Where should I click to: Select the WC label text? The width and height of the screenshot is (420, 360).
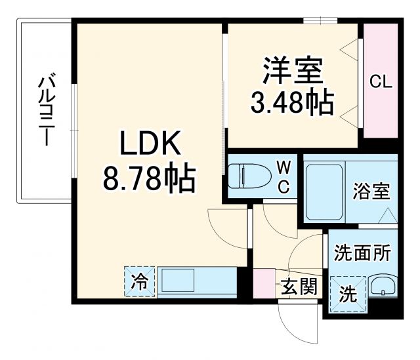point(283,176)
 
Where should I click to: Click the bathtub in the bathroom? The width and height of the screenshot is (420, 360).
point(325,190)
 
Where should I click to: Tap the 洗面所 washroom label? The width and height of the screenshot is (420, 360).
point(363,253)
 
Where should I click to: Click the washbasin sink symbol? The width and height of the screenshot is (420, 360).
point(381,287)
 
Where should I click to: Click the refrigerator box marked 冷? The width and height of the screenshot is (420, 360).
point(139,282)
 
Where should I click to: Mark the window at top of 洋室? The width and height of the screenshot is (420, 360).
point(321,20)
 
